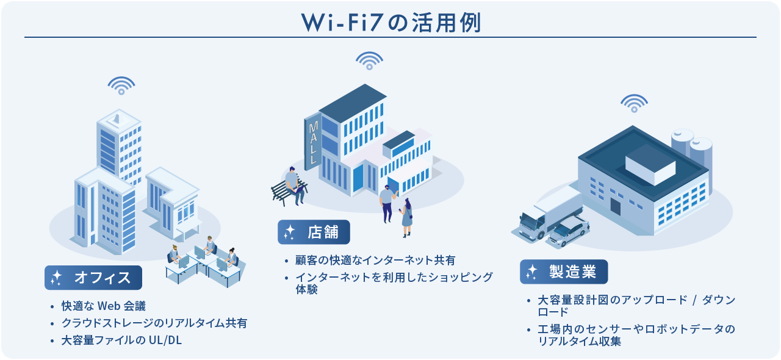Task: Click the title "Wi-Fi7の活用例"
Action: (x=390, y=22)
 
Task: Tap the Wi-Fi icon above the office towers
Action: (x=121, y=85)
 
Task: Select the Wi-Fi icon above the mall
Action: (x=369, y=60)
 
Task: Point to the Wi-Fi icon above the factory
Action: (x=634, y=103)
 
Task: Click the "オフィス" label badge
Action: (x=93, y=278)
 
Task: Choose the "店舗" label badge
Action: (x=314, y=232)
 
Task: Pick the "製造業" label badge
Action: (x=564, y=272)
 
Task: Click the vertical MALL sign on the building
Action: (x=313, y=144)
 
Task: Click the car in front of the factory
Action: (x=569, y=232)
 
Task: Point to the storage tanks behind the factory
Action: (x=692, y=150)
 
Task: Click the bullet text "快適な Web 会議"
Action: (x=103, y=306)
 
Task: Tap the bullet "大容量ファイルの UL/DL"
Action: (x=121, y=340)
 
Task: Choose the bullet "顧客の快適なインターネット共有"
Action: (x=375, y=260)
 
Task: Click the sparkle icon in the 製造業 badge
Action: (x=532, y=272)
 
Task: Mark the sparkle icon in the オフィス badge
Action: (x=57, y=278)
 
